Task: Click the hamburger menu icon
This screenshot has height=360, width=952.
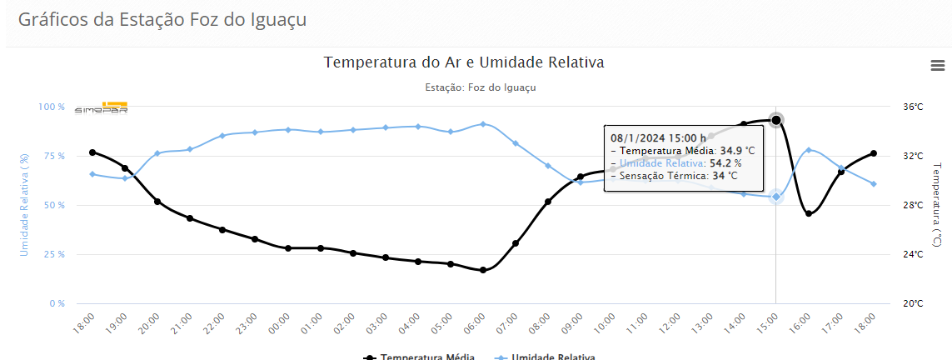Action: coord(938,65)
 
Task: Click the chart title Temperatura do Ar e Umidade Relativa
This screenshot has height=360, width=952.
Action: coord(463,62)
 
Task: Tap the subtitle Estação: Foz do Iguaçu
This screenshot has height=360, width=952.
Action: coord(480,87)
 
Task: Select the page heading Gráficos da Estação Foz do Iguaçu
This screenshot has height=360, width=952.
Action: coord(162,20)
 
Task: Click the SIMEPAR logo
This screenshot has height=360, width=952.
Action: coord(102,108)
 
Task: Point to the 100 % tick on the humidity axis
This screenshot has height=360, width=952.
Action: coord(51,107)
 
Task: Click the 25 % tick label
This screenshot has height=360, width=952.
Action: coord(52,254)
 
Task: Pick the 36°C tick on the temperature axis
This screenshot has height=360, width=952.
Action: coord(913,107)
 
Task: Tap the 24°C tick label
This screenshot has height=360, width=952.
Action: coord(913,254)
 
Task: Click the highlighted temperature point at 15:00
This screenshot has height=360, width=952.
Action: coord(776,120)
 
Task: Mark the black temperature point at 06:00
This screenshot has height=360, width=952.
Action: coord(483,270)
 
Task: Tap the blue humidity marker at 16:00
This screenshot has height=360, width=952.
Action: coord(809,150)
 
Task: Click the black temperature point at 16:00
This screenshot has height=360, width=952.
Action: coord(809,213)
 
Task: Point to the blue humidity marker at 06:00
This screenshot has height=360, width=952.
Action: coord(483,124)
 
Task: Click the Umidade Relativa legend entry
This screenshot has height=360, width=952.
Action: coord(545,357)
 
